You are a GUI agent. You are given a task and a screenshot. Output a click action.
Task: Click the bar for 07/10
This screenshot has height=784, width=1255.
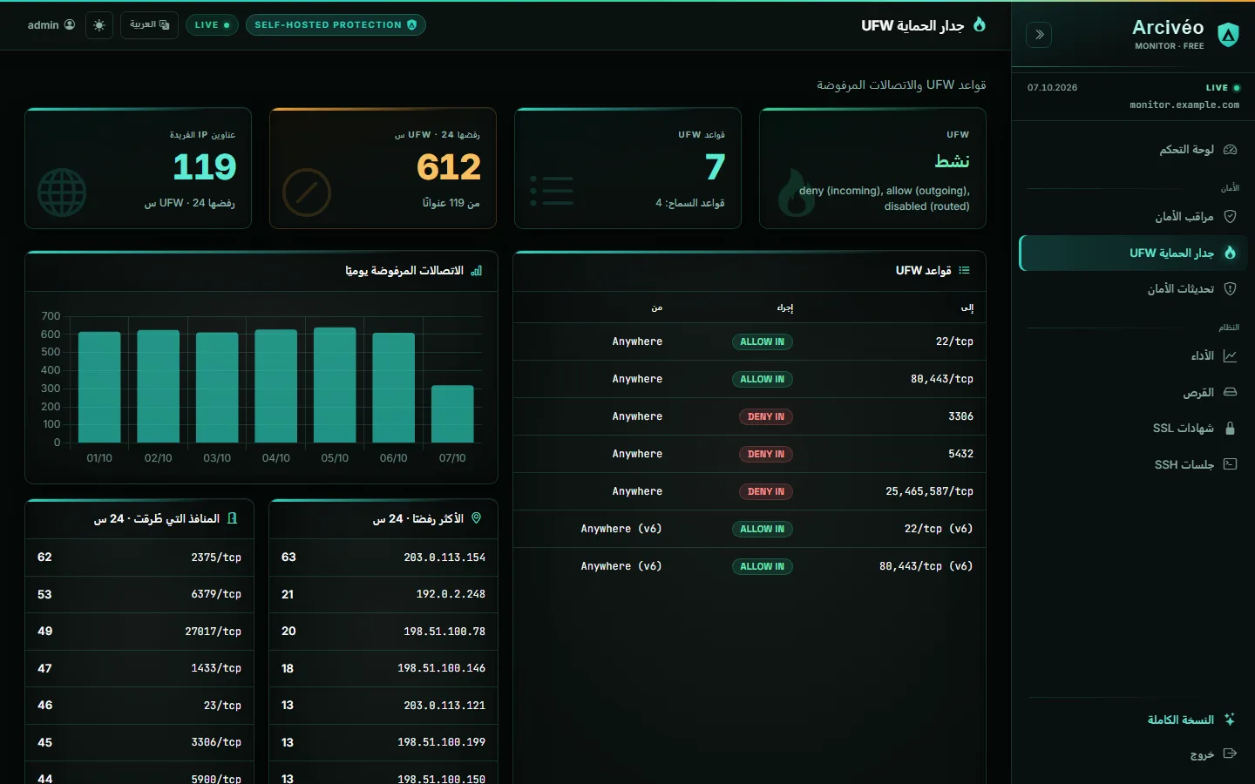point(452,414)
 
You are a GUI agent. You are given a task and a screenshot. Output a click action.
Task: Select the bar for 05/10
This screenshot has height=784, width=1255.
point(335,385)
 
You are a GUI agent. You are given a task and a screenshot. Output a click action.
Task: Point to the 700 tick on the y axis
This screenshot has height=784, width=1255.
point(51,316)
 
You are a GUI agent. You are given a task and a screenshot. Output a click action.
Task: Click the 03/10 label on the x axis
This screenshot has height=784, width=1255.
point(217,458)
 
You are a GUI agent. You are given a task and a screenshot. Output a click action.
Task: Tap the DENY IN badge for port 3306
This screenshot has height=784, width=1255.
point(765,416)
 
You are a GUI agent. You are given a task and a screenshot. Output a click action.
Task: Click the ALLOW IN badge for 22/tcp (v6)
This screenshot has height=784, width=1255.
point(762,530)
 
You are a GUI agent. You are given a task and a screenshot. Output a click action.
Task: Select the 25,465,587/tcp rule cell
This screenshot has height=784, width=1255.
point(929,491)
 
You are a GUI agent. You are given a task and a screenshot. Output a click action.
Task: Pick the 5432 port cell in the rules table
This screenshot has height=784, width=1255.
point(960,454)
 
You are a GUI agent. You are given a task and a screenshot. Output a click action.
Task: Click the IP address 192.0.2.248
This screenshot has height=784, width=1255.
point(451,594)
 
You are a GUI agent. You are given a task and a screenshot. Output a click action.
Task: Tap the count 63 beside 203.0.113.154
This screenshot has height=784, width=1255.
point(288,558)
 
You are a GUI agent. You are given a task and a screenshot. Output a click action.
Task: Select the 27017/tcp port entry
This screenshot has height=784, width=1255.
point(213,631)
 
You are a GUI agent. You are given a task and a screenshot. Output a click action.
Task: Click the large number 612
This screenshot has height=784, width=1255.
point(449,167)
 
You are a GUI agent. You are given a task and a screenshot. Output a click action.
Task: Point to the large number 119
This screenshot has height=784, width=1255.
point(205,167)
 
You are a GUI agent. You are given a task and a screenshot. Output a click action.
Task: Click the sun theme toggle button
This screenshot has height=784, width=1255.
point(99,25)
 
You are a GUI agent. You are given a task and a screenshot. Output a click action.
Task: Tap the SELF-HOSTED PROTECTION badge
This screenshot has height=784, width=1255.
point(336,25)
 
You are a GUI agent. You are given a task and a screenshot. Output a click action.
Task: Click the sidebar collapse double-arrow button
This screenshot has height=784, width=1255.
point(1039,35)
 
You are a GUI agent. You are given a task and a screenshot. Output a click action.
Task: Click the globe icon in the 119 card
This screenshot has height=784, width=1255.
point(62,192)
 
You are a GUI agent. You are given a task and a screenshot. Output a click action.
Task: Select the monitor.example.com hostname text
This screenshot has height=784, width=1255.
point(1184,105)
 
